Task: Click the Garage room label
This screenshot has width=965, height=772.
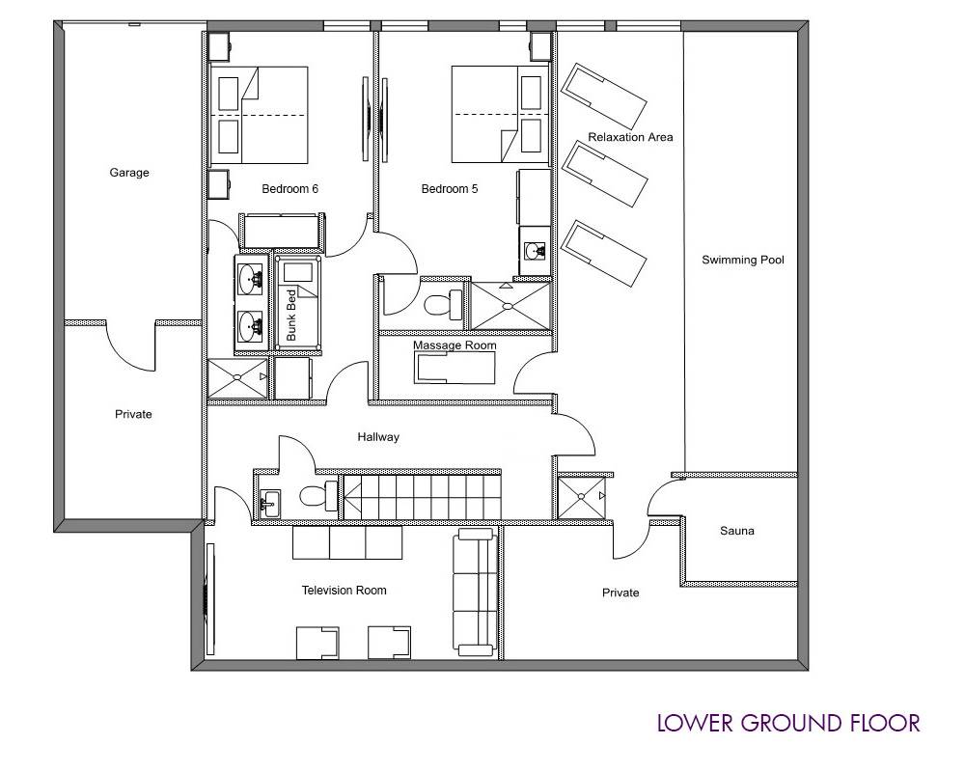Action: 129,173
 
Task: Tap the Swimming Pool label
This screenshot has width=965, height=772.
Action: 743,260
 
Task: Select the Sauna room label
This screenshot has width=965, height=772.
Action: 736,531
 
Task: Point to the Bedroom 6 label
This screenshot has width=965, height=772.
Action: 289,189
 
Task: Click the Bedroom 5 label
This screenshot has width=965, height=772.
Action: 450,189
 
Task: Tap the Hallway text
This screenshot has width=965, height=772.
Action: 378,437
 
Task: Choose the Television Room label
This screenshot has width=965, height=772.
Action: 345,591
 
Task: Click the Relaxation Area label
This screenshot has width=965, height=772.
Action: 630,137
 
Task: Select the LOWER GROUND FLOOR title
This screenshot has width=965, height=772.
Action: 788,724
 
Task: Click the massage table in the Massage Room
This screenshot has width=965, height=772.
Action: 455,368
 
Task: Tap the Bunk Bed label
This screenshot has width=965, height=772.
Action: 291,316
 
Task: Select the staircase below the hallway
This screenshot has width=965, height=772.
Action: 422,496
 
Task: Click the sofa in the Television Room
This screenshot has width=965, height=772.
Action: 475,593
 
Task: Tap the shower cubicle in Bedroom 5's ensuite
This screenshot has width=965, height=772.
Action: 509,305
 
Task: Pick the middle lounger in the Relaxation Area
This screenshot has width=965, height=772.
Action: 606,173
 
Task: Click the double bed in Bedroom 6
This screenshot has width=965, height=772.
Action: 259,115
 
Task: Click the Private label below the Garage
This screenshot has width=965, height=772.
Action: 133,414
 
